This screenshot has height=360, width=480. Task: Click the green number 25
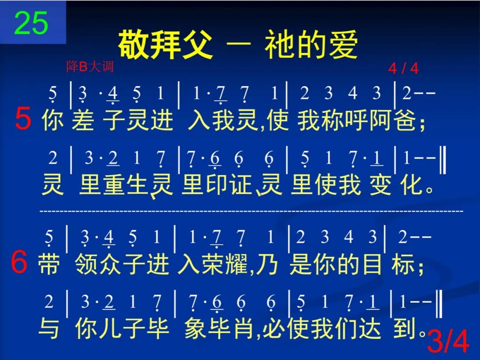[31, 23]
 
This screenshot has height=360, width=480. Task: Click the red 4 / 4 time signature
[403, 68]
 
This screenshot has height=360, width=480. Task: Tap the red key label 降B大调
[90, 67]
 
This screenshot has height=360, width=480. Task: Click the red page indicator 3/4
[448, 343]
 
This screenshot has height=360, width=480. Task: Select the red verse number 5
[23, 120]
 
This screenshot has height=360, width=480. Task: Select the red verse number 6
[19, 263]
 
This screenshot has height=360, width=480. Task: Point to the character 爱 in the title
[343, 45]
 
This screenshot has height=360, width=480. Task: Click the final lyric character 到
[405, 329]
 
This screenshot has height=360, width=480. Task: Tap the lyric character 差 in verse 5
[83, 121]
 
